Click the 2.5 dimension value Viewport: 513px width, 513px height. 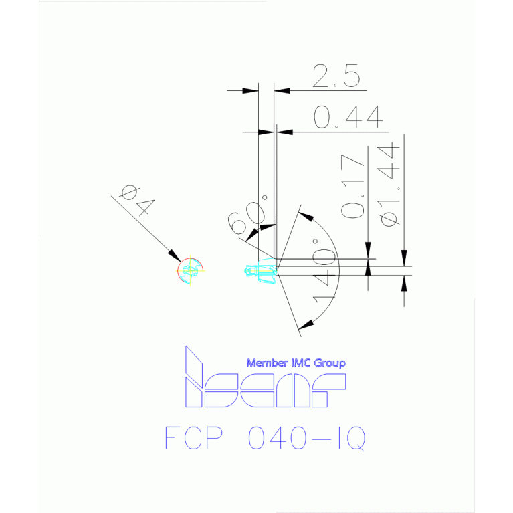[x=336, y=76]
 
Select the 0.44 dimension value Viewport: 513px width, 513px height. [x=348, y=117]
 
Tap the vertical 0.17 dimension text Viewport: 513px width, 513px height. [x=352, y=186]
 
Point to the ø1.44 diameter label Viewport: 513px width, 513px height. [x=389, y=185]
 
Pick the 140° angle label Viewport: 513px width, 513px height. [x=324, y=272]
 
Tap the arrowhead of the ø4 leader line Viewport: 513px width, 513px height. [x=175, y=256]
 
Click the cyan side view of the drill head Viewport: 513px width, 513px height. [x=261, y=270]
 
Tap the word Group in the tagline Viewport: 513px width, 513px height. [x=330, y=363]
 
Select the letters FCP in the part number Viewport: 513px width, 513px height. [x=194, y=437]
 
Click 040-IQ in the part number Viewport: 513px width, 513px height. [x=306, y=438]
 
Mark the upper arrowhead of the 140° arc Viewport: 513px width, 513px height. [x=306, y=217]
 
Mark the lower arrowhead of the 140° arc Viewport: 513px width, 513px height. [x=306, y=324]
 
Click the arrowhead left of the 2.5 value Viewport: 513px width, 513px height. [x=250, y=90]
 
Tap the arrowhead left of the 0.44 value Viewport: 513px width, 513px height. [x=266, y=132]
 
